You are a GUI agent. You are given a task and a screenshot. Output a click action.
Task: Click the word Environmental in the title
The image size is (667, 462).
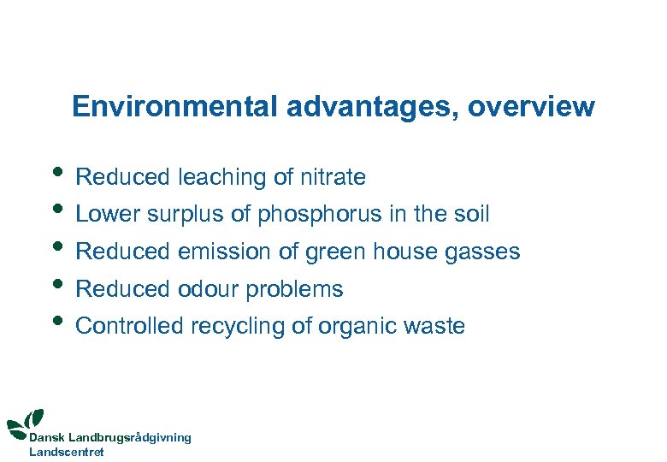tap(175, 107)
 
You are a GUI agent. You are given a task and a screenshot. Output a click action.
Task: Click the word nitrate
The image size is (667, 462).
tap(333, 177)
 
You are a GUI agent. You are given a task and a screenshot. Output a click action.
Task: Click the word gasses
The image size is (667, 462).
tap(482, 252)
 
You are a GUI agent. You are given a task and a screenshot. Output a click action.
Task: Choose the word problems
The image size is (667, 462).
tap(294, 289)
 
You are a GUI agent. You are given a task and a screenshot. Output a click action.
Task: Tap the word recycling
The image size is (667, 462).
tap(230, 326)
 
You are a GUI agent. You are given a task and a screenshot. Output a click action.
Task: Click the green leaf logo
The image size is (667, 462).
tap(26, 421)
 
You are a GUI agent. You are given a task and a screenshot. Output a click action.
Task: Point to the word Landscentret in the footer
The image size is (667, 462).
tap(67, 452)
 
